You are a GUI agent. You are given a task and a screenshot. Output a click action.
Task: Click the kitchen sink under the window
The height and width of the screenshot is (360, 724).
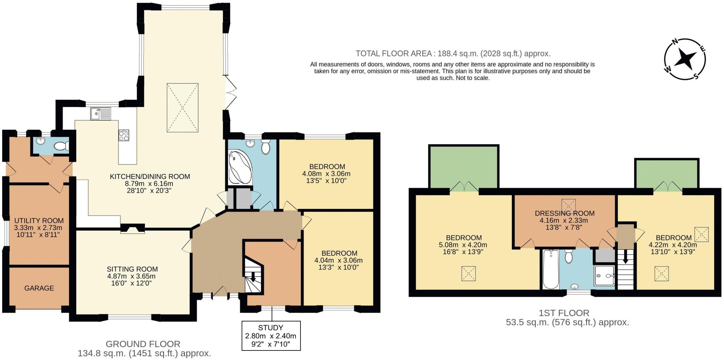(100, 114)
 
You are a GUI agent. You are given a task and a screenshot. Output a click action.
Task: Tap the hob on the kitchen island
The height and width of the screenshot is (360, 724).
(124, 135)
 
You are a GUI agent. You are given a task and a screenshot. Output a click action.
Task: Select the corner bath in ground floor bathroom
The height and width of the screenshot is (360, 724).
(239, 167)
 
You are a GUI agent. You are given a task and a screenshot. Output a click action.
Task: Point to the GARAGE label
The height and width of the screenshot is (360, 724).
(39, 288)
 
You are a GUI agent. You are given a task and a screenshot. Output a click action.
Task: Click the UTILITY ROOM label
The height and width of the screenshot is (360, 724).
(39, 221)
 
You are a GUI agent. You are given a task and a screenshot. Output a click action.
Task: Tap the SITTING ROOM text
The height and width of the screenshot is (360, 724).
(132, 269)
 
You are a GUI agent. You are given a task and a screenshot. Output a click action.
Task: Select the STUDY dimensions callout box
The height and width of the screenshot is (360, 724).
(271, 336)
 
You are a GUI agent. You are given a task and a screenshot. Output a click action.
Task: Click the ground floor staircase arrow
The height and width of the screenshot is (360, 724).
(253, 278)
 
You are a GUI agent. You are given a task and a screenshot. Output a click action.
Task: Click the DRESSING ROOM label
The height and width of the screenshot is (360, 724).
(564, 213)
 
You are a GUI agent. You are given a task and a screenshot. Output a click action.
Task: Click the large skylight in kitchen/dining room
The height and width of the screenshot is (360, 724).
(182, 108)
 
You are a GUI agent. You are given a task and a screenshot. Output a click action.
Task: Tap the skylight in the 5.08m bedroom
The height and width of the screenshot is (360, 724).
(468, 273)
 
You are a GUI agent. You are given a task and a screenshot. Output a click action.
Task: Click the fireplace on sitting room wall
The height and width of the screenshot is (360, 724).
(133, 229)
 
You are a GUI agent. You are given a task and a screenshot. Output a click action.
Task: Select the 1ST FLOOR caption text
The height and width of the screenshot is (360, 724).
(564, 313)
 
